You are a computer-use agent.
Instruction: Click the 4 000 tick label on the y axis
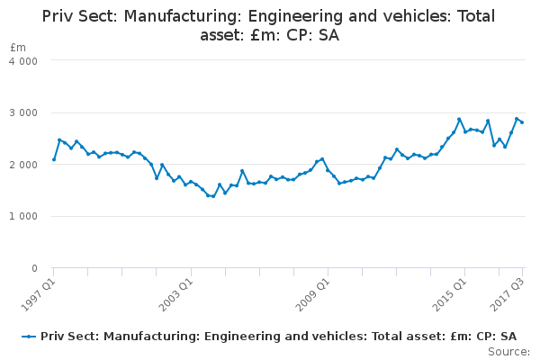click(25, 61)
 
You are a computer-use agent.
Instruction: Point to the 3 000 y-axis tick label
click(25, 113)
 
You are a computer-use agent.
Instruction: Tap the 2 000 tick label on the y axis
click(25, 165)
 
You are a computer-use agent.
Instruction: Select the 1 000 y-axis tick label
click(25, 217)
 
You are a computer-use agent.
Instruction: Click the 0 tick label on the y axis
click(34, 269)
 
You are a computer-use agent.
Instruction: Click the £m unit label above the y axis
click(18, 47)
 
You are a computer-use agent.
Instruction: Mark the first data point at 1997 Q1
click(54, 160)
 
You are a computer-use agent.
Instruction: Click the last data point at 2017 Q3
click(522, 122)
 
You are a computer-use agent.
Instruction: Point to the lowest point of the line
click(213, 196)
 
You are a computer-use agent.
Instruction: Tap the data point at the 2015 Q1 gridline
click(465, 132)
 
